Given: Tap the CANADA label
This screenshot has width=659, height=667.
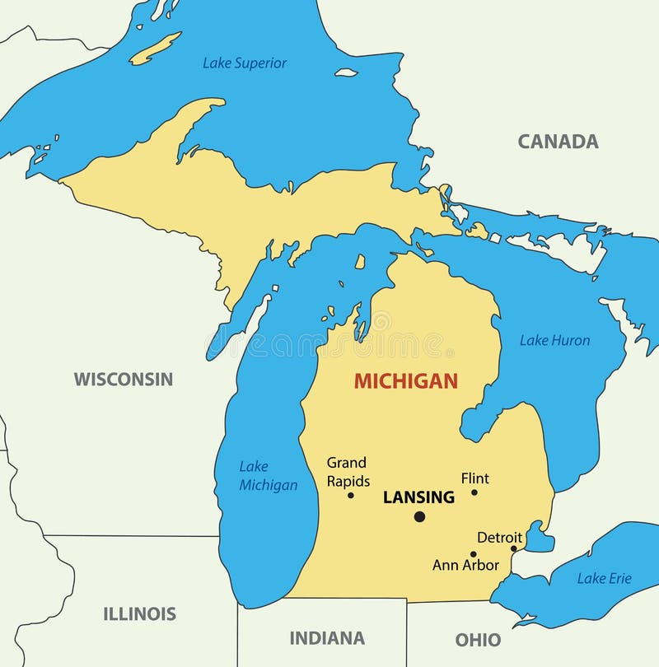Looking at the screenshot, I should tap(558, 142).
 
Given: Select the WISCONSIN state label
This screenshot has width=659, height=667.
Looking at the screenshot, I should tap(124, 380).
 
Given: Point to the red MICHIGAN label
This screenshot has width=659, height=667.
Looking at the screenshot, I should tap(405, 381).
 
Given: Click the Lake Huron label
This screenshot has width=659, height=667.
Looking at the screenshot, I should tap(554, 340).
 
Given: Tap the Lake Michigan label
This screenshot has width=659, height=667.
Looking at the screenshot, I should tap(268, 476).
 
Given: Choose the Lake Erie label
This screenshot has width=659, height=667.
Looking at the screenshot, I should tap(604, 579).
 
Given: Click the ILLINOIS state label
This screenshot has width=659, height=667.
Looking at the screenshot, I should tap(139, 613).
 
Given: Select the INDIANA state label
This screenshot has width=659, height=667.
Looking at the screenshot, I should tap(327, 638).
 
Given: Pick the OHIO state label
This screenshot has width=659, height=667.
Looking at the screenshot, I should tap(478, 640).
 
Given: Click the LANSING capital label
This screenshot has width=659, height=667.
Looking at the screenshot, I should tap(418, 497).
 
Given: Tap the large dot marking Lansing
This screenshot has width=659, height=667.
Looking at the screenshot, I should tap(419, 516).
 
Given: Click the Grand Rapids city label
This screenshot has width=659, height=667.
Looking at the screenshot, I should tap(348, 472).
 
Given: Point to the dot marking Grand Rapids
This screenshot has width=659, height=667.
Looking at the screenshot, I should tap(350, 495).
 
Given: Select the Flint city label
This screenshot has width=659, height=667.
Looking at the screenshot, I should tap(474, 478).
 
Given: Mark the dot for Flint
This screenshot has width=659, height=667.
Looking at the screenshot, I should tap(474, 492).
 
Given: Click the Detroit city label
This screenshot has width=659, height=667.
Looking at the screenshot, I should tap(499, 538).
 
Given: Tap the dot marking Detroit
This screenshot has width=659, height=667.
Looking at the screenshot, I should tap(513, 548).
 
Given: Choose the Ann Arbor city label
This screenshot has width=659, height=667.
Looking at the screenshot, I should tap(465, 566).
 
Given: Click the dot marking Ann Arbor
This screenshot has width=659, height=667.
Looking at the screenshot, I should tap(473, 554).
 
